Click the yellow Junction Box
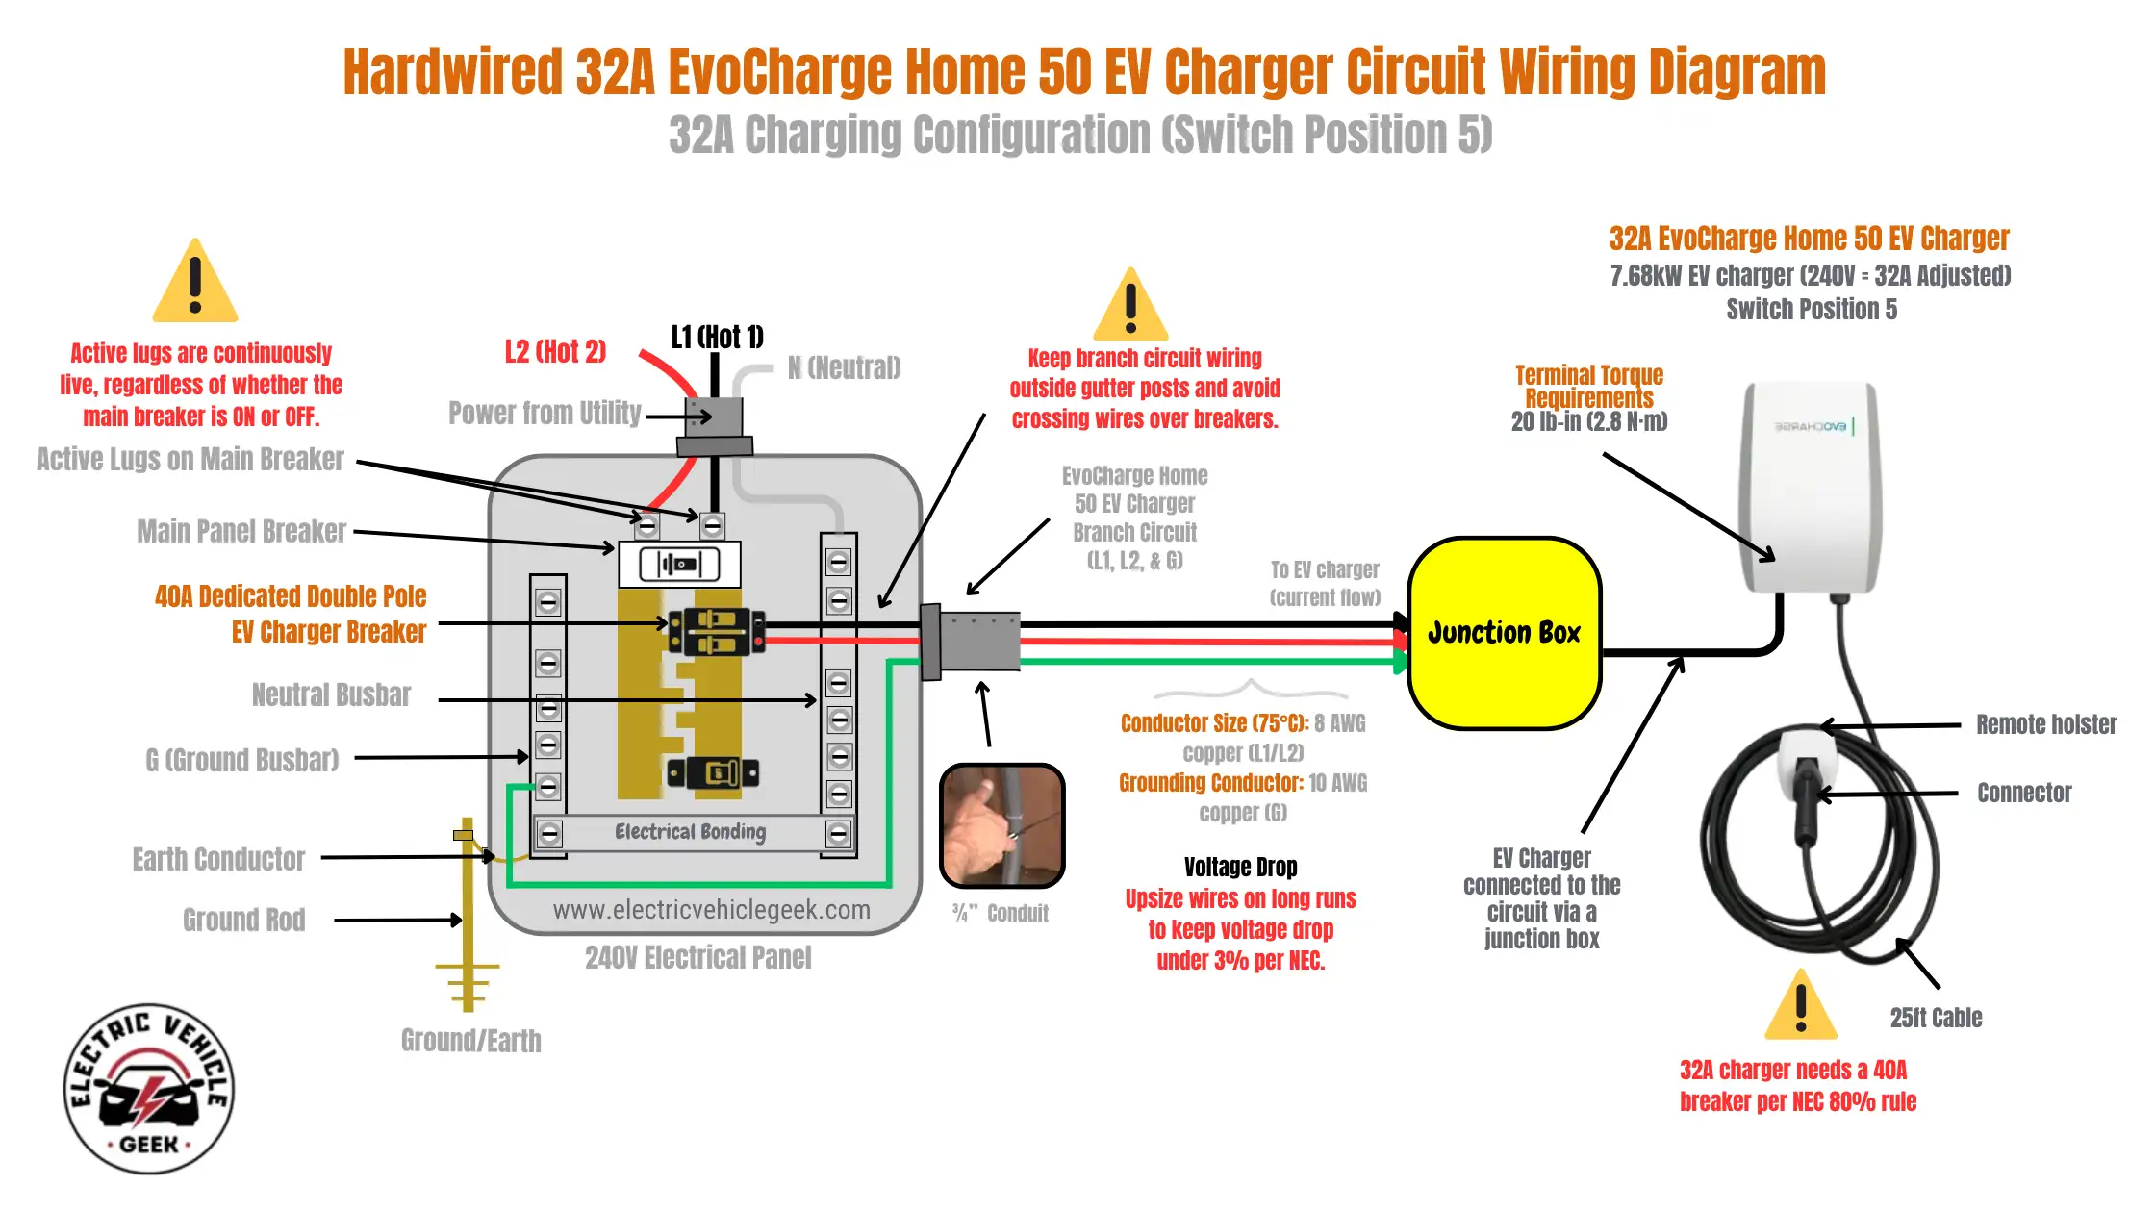click(x=1504, y=633)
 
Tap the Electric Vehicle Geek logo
click(x=149, y=1089)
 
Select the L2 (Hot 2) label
click(x=555, y=351)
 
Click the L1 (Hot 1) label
click(x=717, y=337)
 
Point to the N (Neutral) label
click(x=844, y=367)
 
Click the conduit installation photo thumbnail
click(x=1001, y=825)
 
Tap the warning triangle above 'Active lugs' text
click(x=195, y=280)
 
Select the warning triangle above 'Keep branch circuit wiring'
click(x=1131, y=304)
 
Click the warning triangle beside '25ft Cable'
click(x=1801, y=1004)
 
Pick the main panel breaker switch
click(x=679, y=564)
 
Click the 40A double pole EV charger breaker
click(x=716, y=632)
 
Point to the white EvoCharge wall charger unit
click(x=1810, y=488)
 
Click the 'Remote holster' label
click(x=2046, y=724)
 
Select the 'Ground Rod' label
click(x=244, y=921)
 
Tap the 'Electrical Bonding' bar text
click(x=690, y=832)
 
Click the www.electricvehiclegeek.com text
click(x=711, y=910)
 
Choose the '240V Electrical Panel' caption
click(x=698, y=958)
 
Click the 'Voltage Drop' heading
click(x=1240, y=868)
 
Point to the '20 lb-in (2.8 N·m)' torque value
click(x=1589, y=421)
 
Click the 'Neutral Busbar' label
click(x=331, y=694)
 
